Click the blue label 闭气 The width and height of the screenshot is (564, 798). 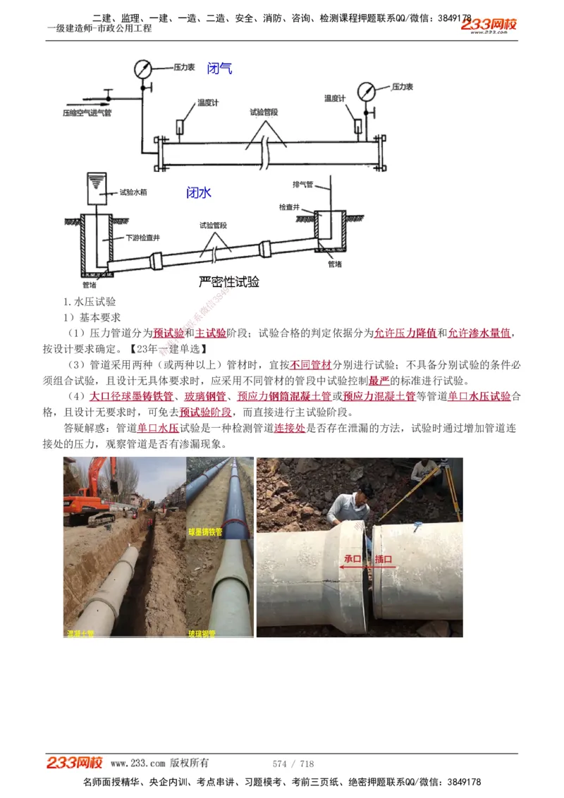219,68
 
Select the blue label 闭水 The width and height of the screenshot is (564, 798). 199,192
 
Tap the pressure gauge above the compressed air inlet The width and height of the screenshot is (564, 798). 143,69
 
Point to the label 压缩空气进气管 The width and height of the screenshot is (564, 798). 87,113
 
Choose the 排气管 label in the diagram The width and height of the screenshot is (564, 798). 303,184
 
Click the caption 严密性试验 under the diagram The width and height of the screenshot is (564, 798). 229,282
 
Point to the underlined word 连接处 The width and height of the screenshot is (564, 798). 289,428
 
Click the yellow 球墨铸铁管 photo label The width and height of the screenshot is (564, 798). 205,532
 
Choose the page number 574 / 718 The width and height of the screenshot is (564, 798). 293,763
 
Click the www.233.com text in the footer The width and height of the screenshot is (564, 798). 137,763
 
